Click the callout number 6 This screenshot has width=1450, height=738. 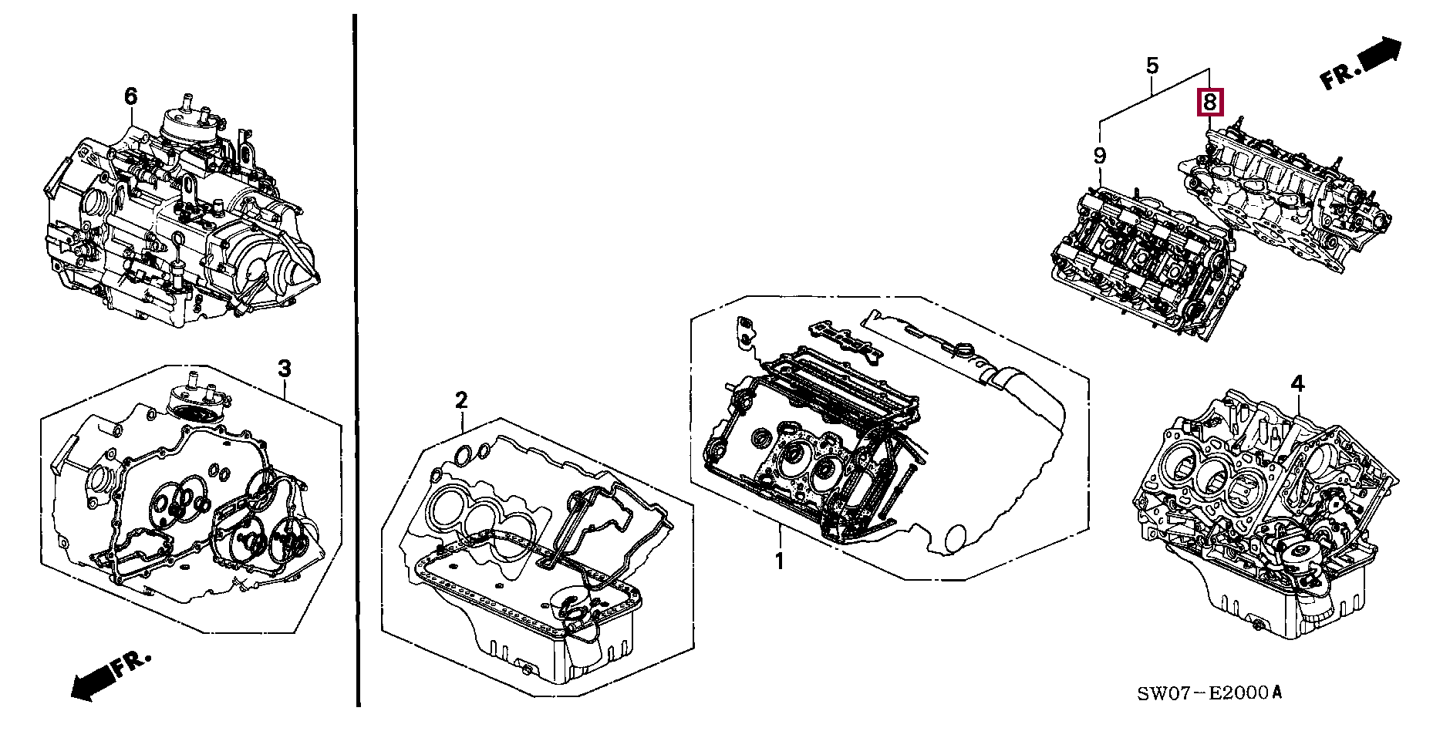point(130,97)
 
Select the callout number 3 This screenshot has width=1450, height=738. point(285,369)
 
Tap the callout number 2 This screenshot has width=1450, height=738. point(460,400)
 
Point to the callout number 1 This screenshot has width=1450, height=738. point(779,561)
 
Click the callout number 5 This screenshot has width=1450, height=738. point(1152,66)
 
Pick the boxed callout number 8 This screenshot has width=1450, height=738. point(1209,102)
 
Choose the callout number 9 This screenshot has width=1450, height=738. point(1099,156)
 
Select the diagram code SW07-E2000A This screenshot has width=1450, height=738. point(1209,693)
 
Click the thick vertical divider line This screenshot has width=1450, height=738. point(357,362)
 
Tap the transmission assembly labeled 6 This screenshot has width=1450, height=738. point(177,224)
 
